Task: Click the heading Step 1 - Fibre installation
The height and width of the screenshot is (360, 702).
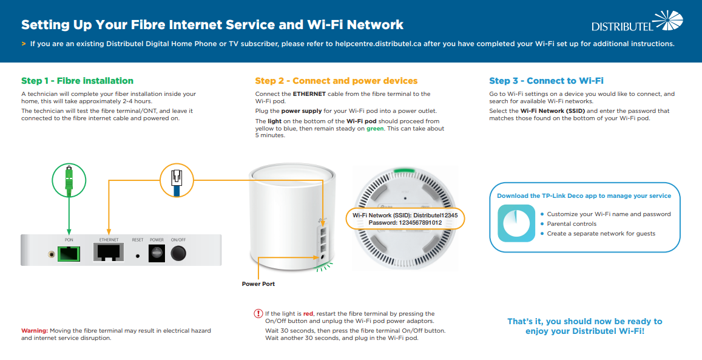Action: [x=77, y=81]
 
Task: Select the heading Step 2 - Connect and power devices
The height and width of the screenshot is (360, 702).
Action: [x=336, y=81]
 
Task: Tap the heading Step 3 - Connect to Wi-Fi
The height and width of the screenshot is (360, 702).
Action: [x=546, y=81]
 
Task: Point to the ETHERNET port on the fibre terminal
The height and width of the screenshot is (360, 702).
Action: [x=109, y=253]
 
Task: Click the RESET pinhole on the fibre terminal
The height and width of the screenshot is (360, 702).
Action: [x=138, y=256]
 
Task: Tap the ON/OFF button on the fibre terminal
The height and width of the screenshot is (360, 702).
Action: [x=178, y=254]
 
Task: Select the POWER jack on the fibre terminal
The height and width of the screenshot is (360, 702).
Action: [x=157, y=254]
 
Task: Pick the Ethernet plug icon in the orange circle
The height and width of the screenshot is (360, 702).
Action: [x=176, y=180]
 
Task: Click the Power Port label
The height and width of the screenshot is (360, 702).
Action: [x=258, y=284]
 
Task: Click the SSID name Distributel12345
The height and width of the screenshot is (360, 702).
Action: [x=436, y=215]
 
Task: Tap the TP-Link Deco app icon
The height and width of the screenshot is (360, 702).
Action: [x=516, y=223]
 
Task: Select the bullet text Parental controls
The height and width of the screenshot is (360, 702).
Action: [x=572, y=224]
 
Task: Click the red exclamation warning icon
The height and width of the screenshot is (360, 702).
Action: [x=258, y=314]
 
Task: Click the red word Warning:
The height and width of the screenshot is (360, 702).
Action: [x=35, y=331]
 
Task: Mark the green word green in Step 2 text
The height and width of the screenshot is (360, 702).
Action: [x=375, y=129]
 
